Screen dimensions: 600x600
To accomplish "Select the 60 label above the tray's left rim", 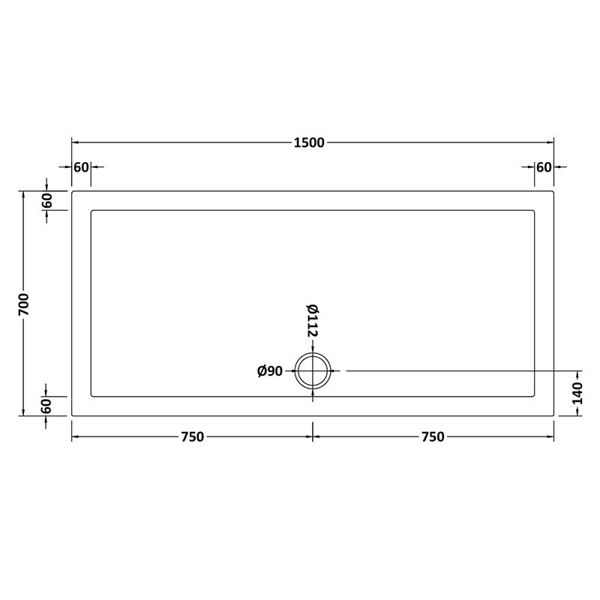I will [x=81, y=166].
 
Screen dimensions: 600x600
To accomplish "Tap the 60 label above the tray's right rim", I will [x=544, y=166].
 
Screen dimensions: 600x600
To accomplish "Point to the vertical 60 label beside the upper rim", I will [x=46, y=201].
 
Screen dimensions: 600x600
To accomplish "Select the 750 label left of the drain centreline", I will [x=192, y=437].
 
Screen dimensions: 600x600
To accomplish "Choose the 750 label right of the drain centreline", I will [x=433, y=437].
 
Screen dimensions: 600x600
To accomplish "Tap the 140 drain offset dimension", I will [x=577, y=393].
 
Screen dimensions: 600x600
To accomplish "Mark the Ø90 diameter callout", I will [x=270, y=371].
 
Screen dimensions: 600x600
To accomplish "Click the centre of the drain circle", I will [x=313, y=370].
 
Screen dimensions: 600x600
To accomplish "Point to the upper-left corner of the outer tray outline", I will [x=73, y=192].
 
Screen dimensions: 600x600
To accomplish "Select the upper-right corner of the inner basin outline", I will [x=534, y=211].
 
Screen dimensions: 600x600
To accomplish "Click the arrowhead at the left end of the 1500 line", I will [x=74, y=143].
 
